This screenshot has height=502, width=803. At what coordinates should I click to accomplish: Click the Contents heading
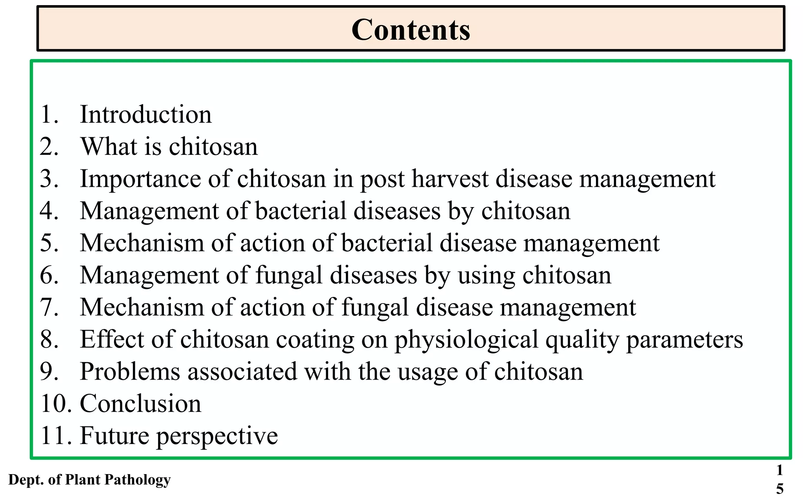411,29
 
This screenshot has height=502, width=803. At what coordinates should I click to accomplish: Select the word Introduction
145,115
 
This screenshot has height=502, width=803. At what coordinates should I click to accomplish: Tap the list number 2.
49,147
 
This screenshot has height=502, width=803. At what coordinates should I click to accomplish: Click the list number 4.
49,211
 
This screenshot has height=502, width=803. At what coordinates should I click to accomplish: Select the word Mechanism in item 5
142,243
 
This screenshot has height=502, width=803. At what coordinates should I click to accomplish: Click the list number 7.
49,307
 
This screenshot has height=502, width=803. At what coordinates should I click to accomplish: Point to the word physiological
466,340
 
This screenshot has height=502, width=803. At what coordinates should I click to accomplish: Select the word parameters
684,340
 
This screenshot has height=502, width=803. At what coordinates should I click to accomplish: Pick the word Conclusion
140,404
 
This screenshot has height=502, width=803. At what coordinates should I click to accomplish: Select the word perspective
217,436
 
